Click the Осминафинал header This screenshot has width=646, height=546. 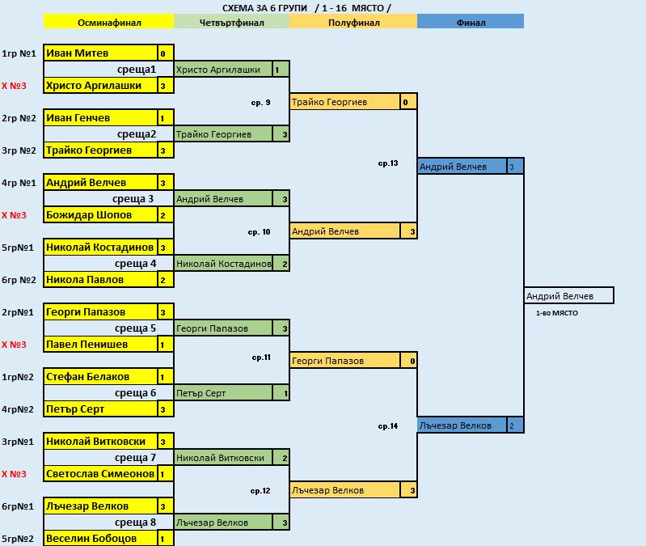[109, 21]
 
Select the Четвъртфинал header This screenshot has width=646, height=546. [231, 21]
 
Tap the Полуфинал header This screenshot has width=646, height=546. [353, 21]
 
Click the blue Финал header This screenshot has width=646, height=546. [471, 21]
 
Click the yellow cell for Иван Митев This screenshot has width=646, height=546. [100, 53]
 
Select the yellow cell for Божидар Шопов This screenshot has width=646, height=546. [100, 214]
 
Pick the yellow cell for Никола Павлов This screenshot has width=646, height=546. [100, 279]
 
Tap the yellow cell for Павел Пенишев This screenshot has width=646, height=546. [100, 344]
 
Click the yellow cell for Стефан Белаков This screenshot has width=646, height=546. [100, 377]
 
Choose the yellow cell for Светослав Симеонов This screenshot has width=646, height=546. [100, 473]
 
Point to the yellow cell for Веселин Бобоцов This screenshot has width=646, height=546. [100, 538]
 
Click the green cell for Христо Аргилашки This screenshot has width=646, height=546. [223, 70]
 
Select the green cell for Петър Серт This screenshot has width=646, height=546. [223, 392]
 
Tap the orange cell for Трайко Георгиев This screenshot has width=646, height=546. [345, 101]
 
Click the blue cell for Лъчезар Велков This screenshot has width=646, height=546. [462, 425]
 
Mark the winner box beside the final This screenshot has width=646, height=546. [569, 295]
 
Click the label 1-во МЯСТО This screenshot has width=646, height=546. [556, 313]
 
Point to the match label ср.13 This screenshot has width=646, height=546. [388, 163]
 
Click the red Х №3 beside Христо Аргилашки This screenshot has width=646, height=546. [14, 86]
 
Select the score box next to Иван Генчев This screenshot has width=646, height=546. [165, 118]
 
